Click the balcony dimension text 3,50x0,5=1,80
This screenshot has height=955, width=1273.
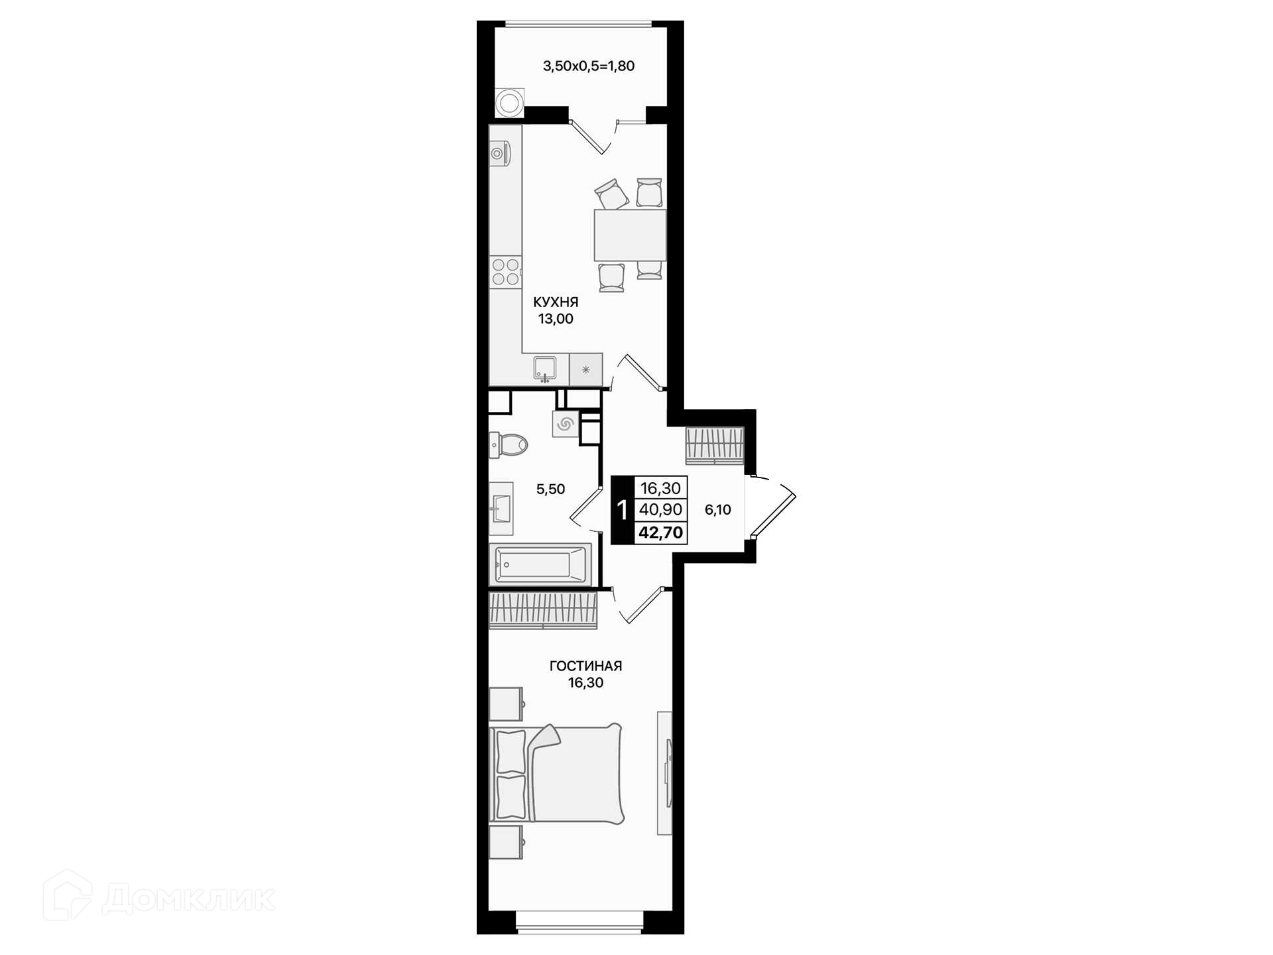click(x=589, y=66)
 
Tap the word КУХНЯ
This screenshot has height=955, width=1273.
click(x=556, y=302)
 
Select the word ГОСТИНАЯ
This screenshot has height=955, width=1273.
click(x=585, y=666)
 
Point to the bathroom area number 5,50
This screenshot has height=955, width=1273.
click(x=550, y=489)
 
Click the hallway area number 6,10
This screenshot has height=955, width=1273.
click(x=717, y=510)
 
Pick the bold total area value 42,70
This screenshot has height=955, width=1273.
click(x=660, y=533)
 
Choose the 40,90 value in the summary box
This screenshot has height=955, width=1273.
click(x=660, y=509)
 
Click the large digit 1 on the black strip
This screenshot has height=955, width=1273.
click(x=622, y=510)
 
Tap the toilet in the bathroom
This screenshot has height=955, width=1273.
click(x=508, y=444)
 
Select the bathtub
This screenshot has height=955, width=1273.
click(x=540, y=564)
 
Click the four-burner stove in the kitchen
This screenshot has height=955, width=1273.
click(x=505, y=273)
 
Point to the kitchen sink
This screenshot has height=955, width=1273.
click(x=545, y=369)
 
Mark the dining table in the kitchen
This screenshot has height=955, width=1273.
click(x=630, y=235)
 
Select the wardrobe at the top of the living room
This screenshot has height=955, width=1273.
click(x=543, y=610)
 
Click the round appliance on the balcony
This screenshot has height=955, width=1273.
click(x=509, y=103)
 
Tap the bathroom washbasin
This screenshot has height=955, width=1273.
click(x=501, y=509)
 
